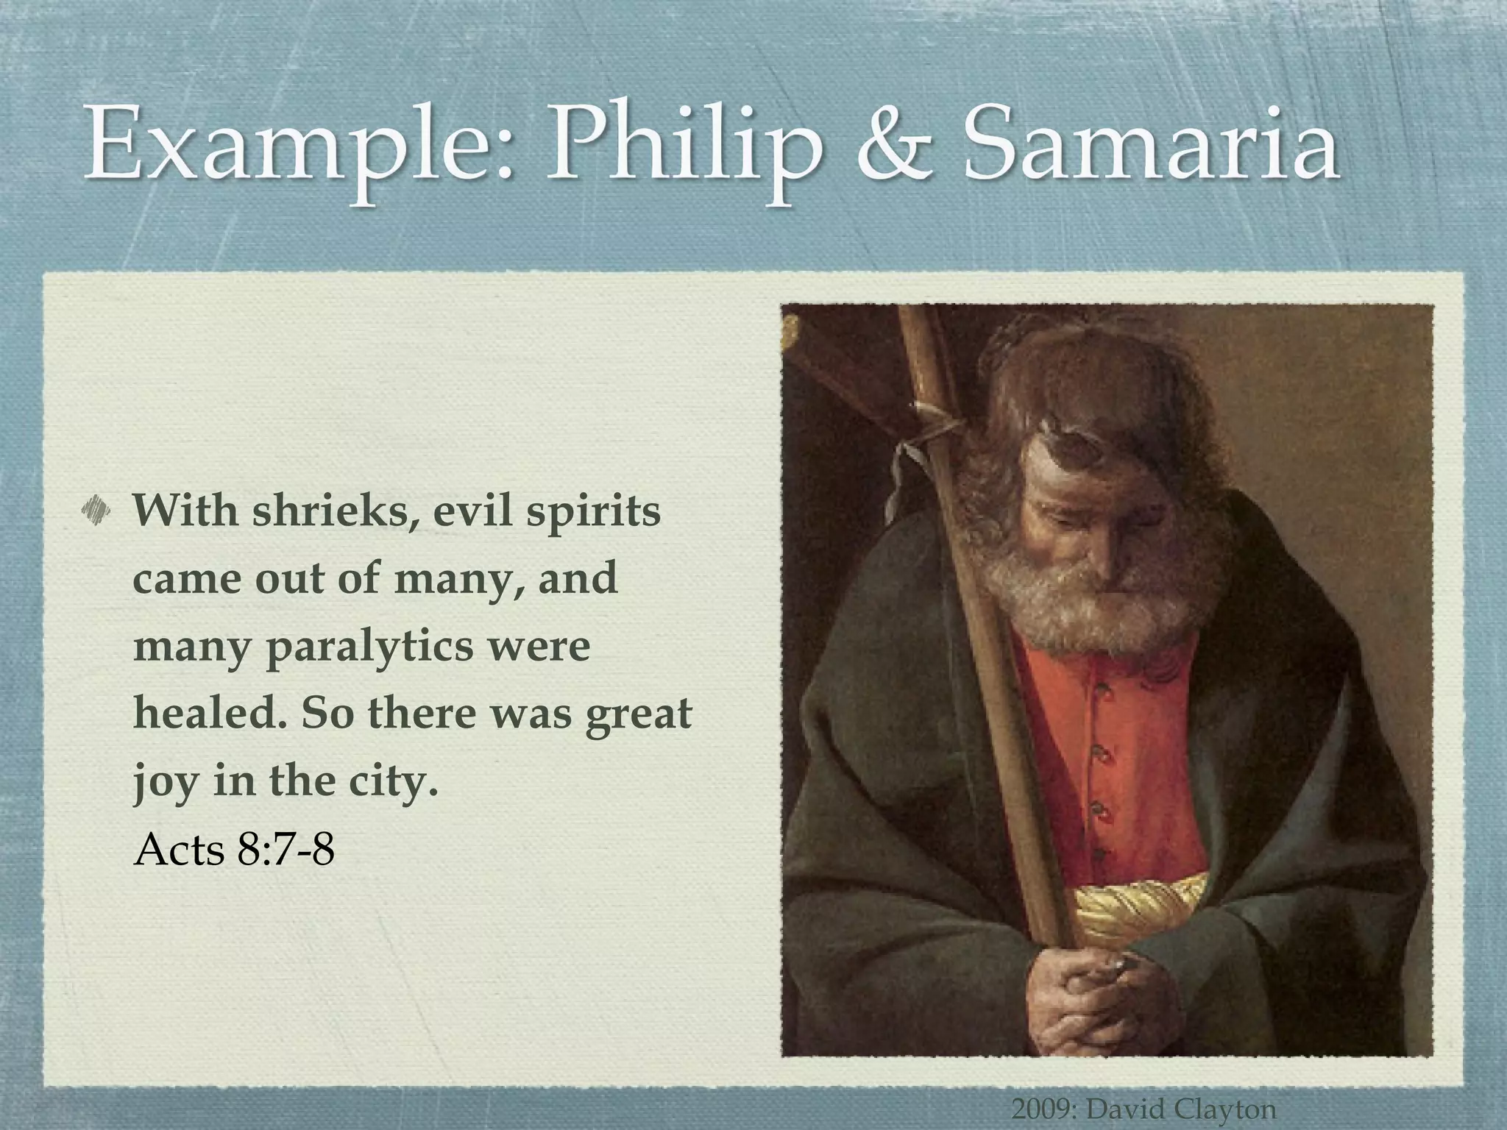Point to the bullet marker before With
point(96,509)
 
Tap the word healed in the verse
point(210,713)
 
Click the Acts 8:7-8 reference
point(234,849)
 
